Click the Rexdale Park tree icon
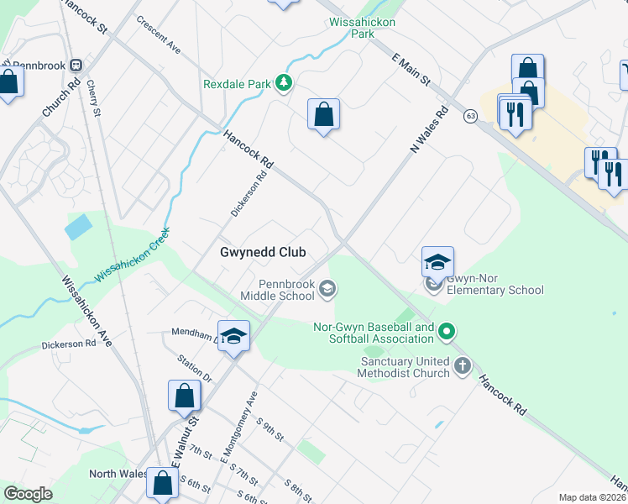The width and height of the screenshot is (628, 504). [285, 83]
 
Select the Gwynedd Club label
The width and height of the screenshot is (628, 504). [262, 252]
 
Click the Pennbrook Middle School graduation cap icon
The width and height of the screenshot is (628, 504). [327, 291]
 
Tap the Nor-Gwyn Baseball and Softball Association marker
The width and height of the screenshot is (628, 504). [447, 333]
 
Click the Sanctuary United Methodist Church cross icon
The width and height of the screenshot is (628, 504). [462, 365]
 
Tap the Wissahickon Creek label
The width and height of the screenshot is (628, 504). [133, 255]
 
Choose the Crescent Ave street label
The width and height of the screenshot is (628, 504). [159, 34]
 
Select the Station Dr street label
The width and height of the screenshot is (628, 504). [195, 368]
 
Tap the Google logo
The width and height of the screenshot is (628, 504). [29, 493]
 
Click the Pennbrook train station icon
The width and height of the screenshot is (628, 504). [76, 64]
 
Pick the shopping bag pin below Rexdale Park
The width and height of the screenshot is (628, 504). [323, 115]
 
